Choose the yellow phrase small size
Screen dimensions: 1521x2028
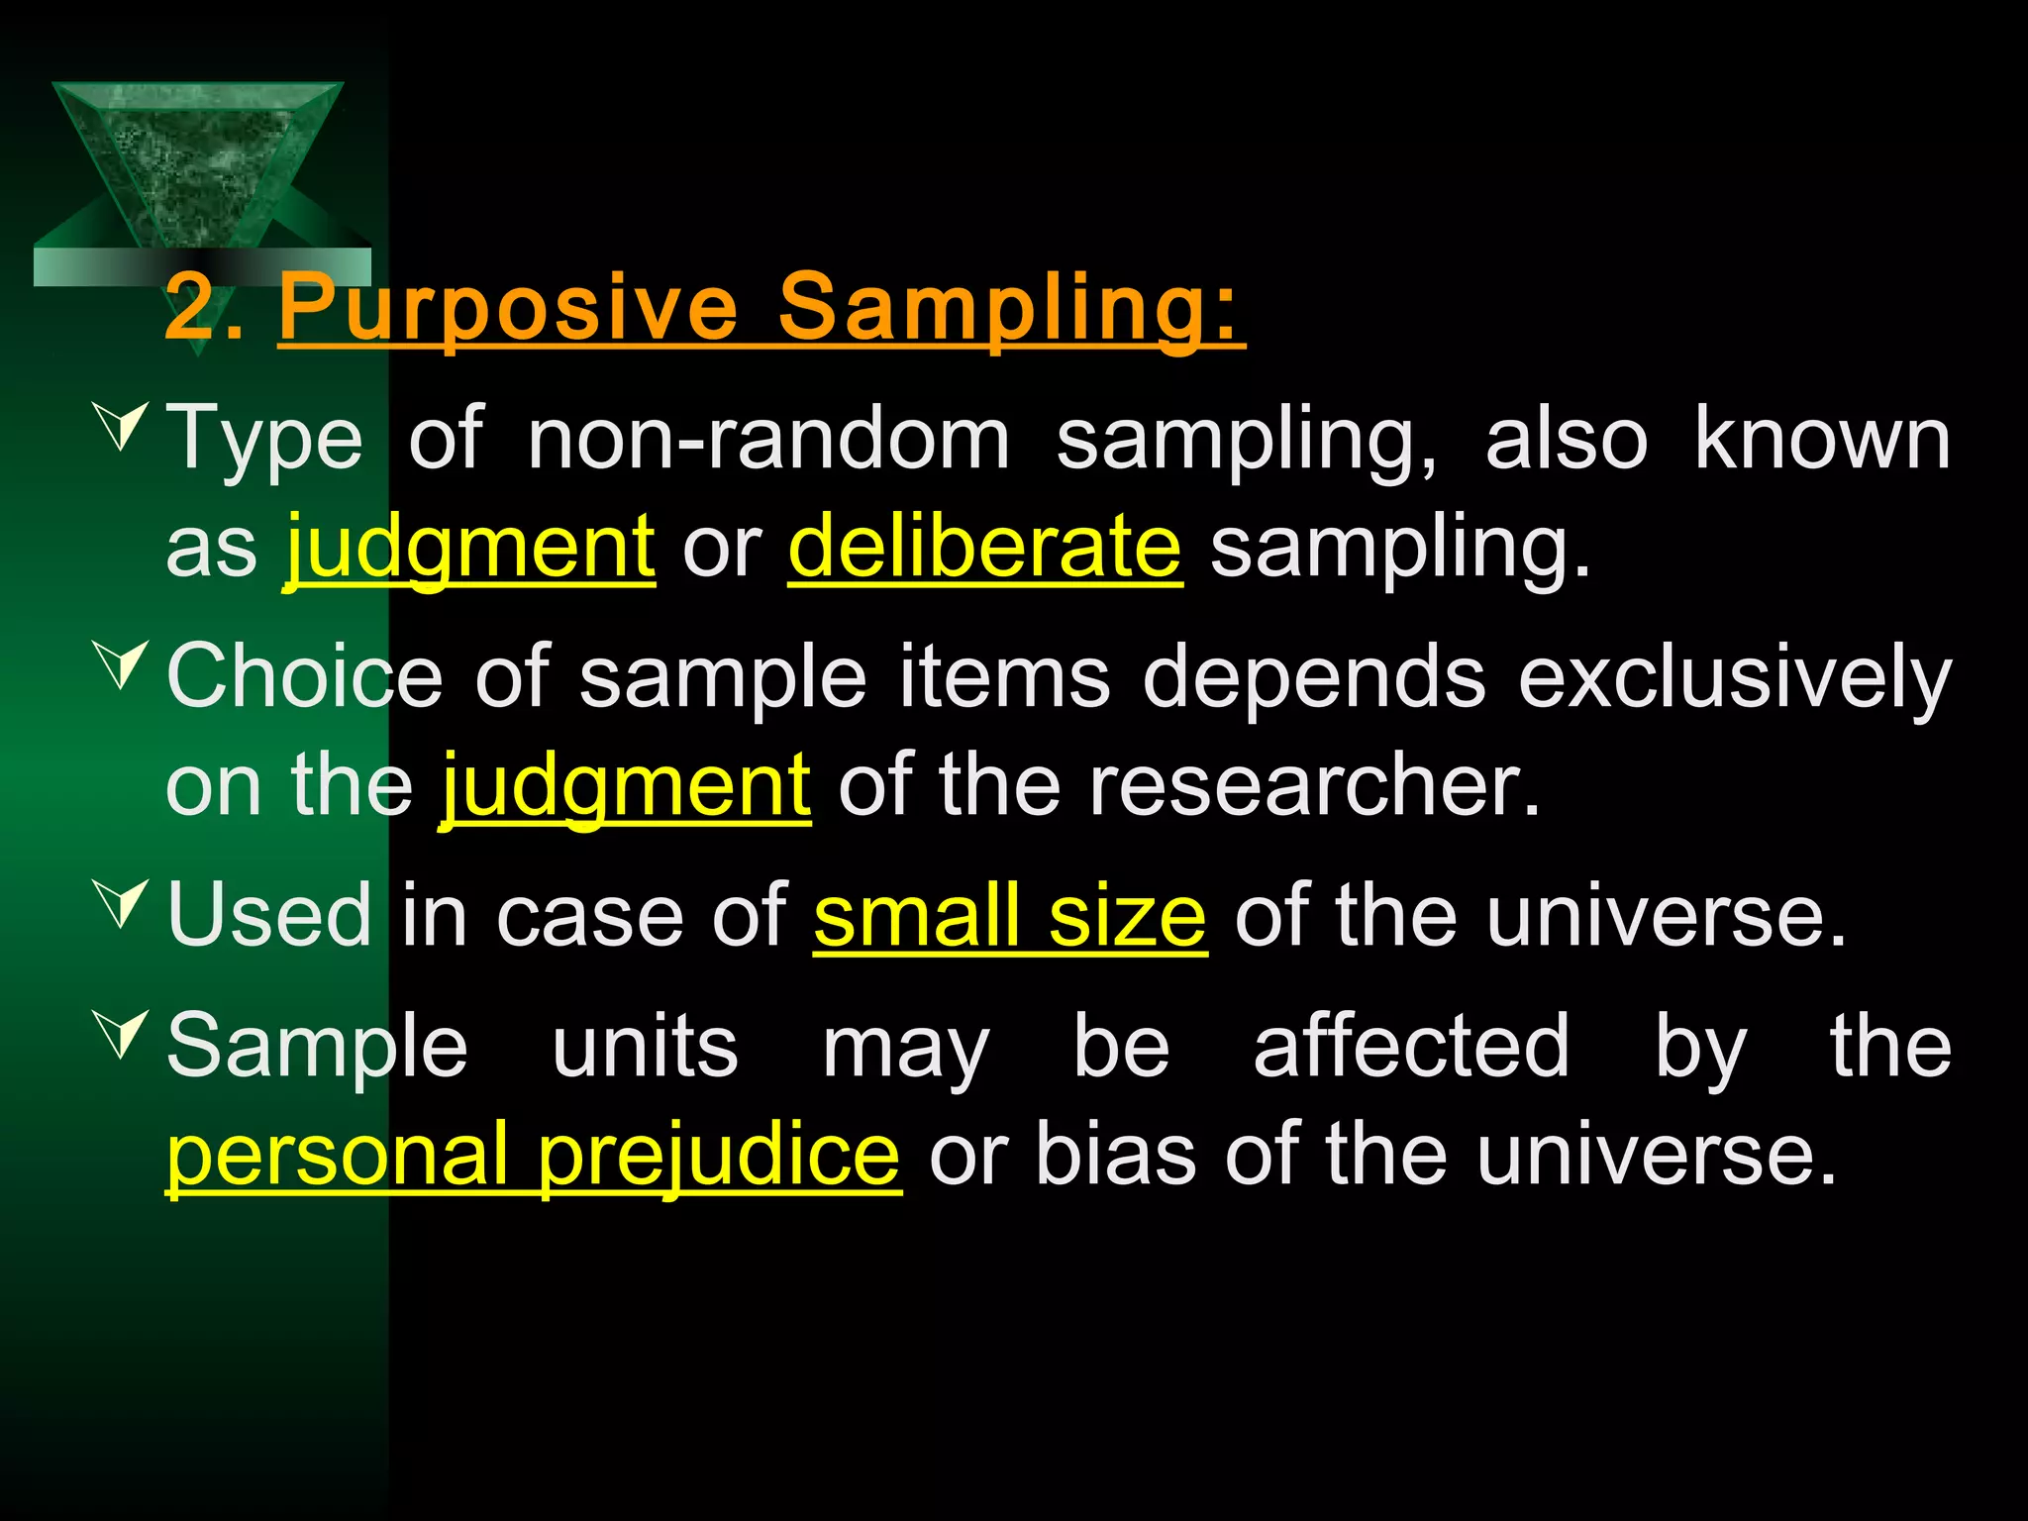pos(1010,915)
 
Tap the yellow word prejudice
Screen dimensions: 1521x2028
pos(719,1154)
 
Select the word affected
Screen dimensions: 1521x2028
pos(1411,1046)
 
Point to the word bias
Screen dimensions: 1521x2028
pos(1115,1154)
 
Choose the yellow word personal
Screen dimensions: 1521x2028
pos(338,1154)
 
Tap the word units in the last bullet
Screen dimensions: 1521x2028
pos(645,1046)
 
